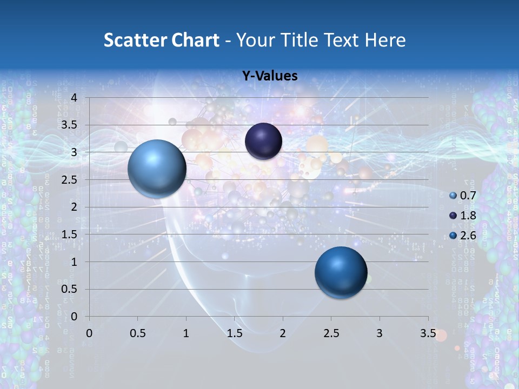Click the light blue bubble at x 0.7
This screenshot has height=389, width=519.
click(157, 169)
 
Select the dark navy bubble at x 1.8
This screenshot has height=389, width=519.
click(263, 141)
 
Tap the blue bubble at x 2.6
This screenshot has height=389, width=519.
click(341, 272)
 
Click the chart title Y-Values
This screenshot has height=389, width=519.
click(269, 76)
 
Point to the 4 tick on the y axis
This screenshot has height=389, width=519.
click(74, 98)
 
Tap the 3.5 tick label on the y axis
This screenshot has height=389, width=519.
click(70, 125)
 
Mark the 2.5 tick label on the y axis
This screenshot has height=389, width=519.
click(70, 180)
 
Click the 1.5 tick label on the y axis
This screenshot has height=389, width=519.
click(70, 234)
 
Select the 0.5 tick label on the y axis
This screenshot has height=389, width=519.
click(70, 289)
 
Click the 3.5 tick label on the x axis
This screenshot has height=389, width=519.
click(428, 333)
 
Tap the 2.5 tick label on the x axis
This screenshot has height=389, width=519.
click(331, 333)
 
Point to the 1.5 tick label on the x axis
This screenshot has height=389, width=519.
click(235, 333)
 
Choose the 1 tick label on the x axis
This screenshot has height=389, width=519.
click(187, 333)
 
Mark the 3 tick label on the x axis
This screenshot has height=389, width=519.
click(380, 333)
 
